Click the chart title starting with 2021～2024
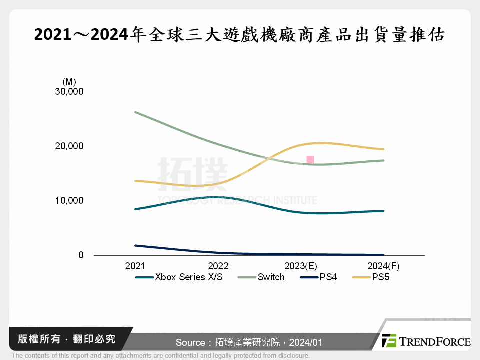tap(239, 35)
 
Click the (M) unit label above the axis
tap(69, 81)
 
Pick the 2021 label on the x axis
tap(135, 267)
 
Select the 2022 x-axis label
tap(218, 267)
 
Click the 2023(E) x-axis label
tap(301, 267)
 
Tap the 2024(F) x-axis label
tap(383, 267)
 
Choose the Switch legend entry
tap(271, 277)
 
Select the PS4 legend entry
tap(328, 277)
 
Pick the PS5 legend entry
tap(380, 277)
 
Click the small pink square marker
tap(310, 160)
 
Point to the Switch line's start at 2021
tap(135, 112)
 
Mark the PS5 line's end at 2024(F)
tap(383, 149)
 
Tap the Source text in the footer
tap(248, 343)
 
